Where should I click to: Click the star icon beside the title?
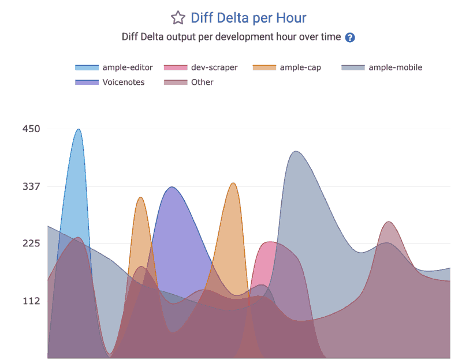178,18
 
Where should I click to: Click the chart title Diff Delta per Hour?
248,18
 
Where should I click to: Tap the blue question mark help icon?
349,37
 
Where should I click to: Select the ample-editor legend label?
128,67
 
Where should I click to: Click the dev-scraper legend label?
214,67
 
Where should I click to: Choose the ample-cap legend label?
300,67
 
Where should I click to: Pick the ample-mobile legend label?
395,67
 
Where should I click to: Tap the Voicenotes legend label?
124,82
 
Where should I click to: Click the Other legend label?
202,82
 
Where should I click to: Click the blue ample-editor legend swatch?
87,67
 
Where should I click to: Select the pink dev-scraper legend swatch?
176,67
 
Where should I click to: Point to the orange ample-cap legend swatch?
264,67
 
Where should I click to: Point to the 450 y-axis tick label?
31,129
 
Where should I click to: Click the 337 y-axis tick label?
31,186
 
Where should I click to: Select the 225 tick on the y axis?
31,243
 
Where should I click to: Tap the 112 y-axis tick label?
31,301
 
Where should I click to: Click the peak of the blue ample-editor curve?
79,129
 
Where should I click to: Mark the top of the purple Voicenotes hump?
172,187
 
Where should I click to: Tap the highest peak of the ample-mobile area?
296,151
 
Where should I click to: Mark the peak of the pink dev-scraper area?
269,242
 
